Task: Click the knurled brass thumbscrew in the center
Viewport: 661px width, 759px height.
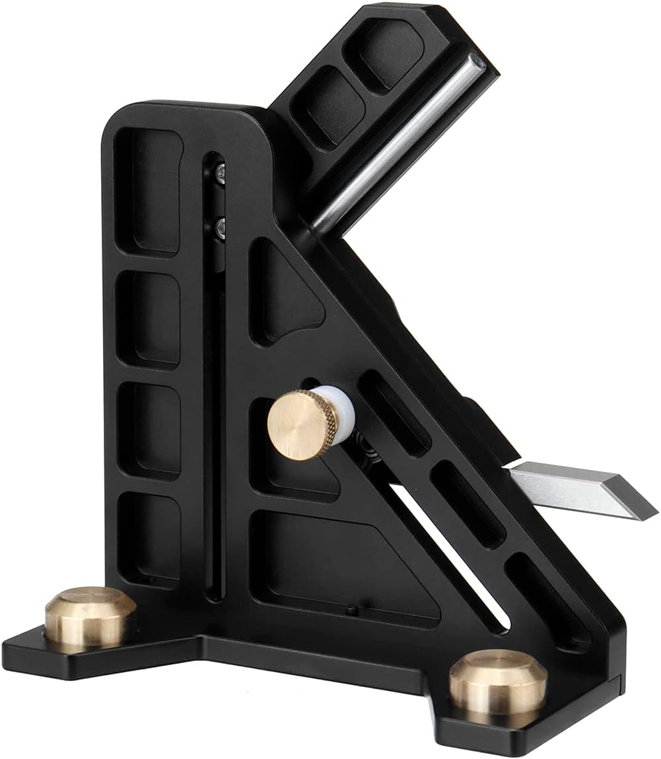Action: coord(297,424)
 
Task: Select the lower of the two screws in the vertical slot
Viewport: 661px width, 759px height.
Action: coord(219,227)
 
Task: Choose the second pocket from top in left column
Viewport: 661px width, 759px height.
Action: coord(149,319)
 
